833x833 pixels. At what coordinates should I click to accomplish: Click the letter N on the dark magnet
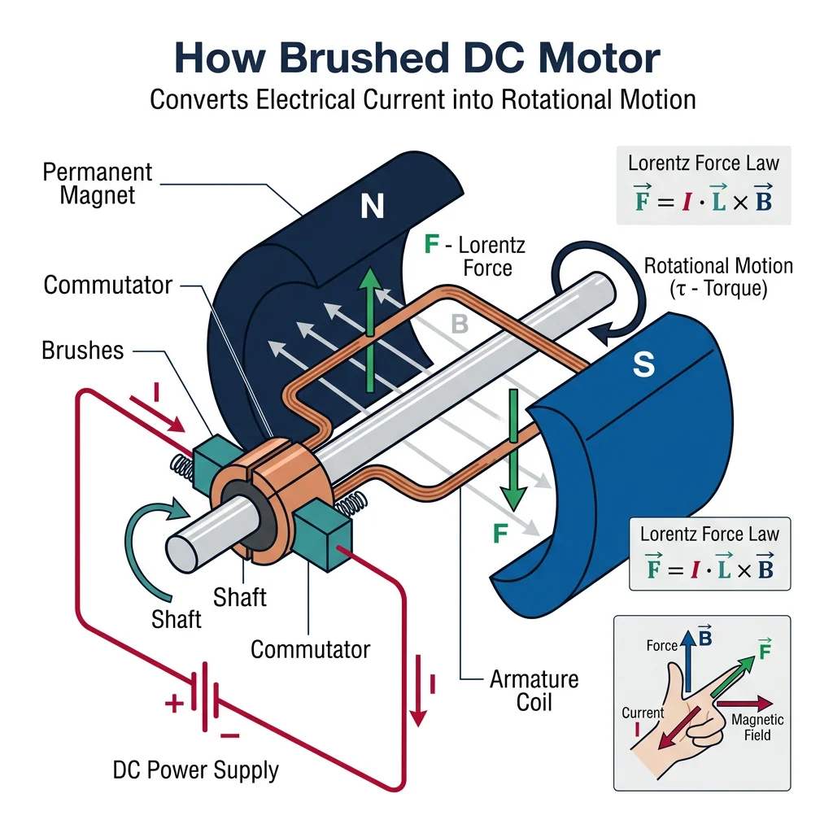tap(372, 208)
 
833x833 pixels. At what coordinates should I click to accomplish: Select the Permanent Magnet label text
tap(98, 184)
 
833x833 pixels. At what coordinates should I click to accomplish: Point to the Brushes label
tap(83, 351)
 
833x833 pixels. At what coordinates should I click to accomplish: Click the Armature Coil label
tap(534, 690)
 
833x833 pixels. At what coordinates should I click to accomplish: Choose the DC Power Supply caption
tap(196, 770)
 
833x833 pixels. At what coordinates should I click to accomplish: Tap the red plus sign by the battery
tap(173, 704)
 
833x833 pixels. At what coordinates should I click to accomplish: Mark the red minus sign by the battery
tap(229, 735)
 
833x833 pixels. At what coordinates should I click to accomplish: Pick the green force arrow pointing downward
tap(513, 447)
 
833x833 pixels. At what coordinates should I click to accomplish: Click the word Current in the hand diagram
tap(643, 713)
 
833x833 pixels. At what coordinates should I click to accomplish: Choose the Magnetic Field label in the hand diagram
tap(757, 727)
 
